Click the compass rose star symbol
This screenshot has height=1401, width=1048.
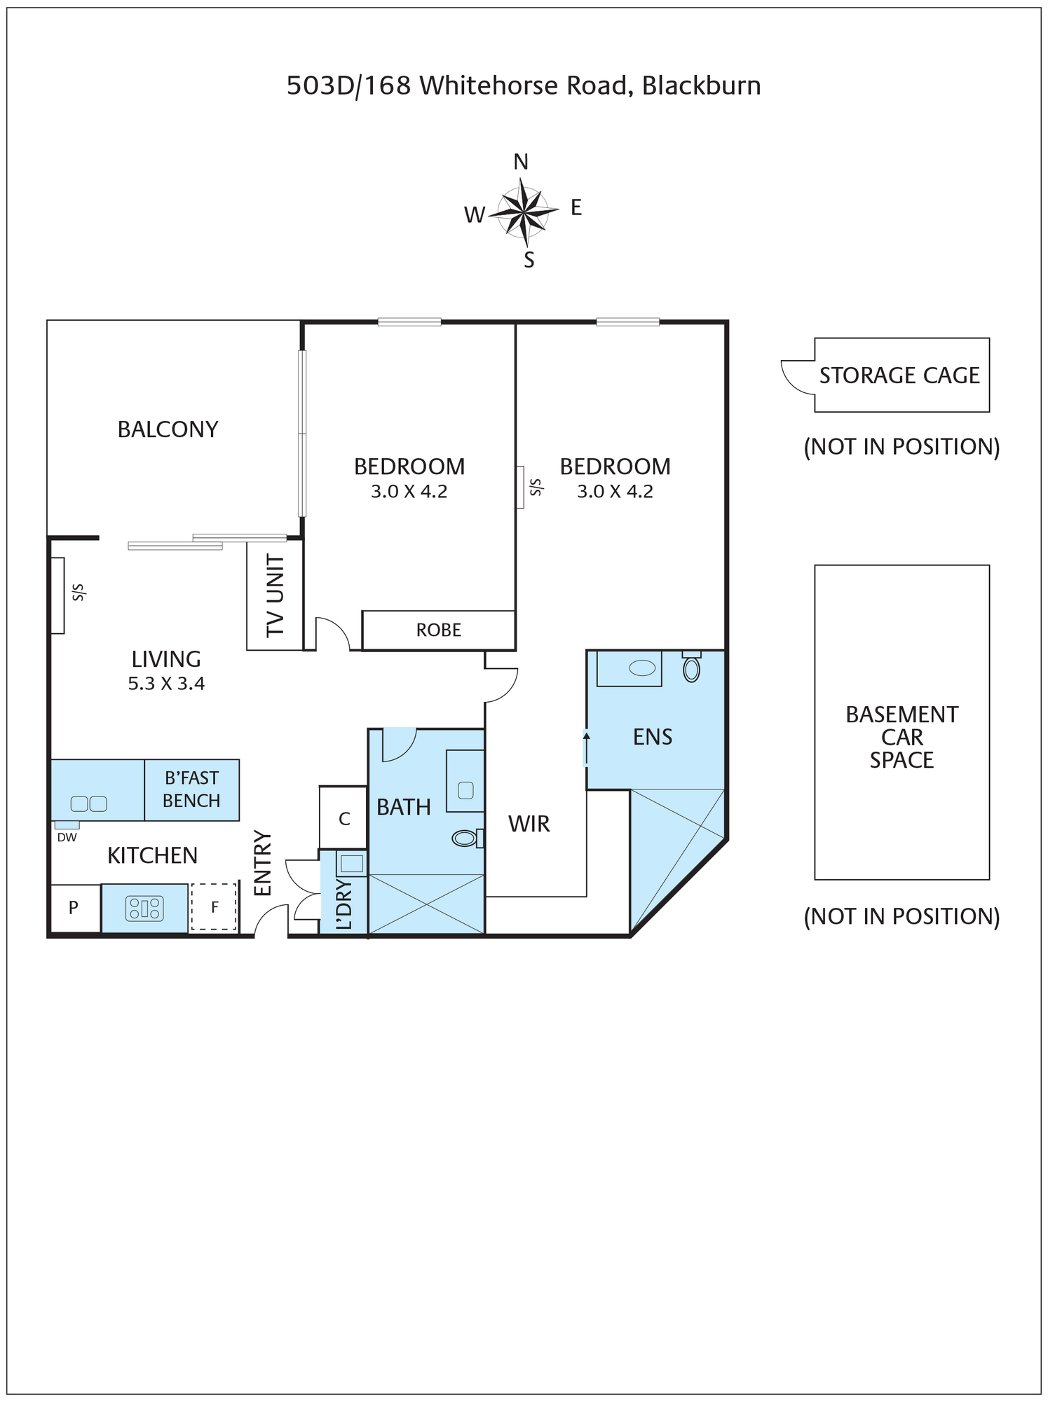(523, 212)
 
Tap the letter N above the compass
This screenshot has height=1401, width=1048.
(521, 162)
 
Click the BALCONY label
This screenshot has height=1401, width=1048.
(168, 429)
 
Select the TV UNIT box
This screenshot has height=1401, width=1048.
(275, 595)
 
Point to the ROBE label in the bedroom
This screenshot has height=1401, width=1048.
(439, 630)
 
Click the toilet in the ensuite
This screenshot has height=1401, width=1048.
(692, 667)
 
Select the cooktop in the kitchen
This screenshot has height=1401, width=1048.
(144, 909)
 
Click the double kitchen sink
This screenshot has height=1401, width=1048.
(89, 803)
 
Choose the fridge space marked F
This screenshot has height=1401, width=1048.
(214, 907)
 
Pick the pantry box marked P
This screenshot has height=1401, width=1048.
(74, 909)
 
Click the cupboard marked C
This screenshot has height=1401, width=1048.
(343, 818)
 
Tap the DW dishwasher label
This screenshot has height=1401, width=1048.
(67, 837)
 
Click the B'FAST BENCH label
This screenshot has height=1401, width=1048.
(191, 789)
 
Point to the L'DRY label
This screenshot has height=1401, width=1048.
(344, 904)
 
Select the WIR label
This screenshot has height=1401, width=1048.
(529, 824)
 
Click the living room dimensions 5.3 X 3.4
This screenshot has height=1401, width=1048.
(166, 684)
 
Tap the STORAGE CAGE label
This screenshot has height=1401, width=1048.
(899, 376)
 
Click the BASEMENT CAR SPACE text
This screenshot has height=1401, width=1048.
(902, 737)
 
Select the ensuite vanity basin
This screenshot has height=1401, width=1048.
(642, 668)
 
